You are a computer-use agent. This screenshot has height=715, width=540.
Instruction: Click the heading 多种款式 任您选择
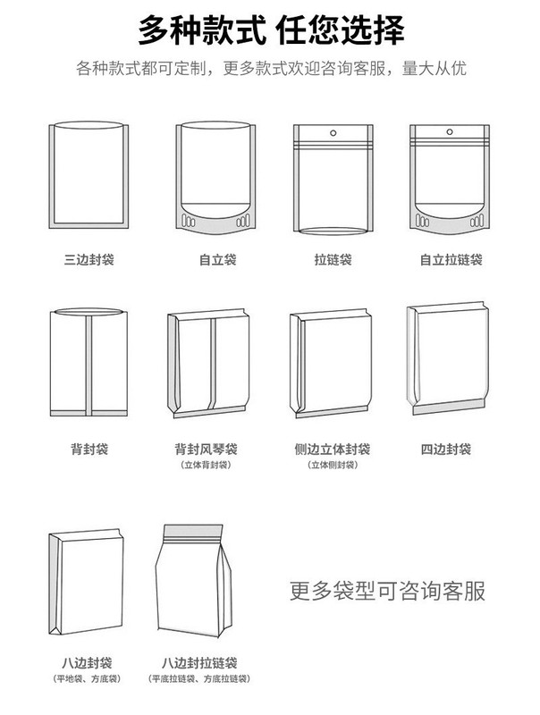click(270, 31)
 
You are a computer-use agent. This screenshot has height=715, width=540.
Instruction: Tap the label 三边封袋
click(89, 260)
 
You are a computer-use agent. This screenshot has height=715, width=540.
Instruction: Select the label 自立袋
click(217, 260)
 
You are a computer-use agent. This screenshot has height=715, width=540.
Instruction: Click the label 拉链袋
click(333, 260)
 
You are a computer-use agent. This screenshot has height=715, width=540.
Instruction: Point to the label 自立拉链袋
click(451, 260)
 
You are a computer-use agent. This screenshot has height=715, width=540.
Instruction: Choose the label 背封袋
click(89, 449)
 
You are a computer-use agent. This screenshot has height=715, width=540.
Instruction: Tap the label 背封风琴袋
click(205, 449)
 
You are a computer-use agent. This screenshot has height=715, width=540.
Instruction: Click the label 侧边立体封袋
click(332, 449)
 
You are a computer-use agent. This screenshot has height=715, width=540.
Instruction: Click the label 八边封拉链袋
click(199, 663)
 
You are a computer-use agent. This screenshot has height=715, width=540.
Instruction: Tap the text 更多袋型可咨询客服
click(388, 591)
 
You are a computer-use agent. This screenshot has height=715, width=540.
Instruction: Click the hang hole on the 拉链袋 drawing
click(333, 134)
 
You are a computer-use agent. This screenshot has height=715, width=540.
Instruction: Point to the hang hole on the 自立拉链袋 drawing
click(451, 134)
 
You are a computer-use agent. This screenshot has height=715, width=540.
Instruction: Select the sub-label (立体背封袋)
click(205, 466)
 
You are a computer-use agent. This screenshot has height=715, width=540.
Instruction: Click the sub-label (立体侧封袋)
click(332, 466)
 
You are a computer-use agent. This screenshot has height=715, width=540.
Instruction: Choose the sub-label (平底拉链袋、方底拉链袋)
click(199, 680)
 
